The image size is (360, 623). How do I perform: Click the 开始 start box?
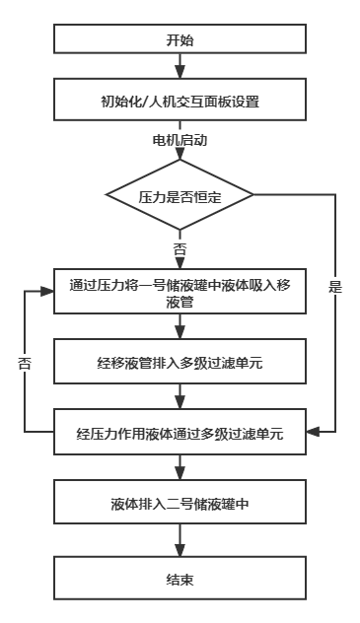(180, 38)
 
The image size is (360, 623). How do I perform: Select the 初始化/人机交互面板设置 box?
(180, 100)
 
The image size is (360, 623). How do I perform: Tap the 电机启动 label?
(180, 140)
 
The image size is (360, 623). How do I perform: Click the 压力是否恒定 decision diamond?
(180, 195)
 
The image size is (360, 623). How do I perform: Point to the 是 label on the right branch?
(335, 287)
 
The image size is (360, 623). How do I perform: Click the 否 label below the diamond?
(180, 250)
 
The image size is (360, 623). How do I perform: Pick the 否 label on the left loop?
(25, 363)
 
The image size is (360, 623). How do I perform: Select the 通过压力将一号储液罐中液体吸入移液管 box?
(180, 291)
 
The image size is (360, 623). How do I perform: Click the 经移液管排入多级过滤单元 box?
(180, 361)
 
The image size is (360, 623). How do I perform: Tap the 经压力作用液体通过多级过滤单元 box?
(180, 432)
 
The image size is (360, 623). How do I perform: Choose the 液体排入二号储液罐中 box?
(180, 502)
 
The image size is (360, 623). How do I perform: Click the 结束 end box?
(180, 578)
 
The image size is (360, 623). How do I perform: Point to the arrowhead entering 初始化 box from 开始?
(180, 73)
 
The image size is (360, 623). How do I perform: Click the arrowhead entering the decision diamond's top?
(180, 154)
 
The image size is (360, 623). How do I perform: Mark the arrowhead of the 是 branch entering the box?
(313, 432)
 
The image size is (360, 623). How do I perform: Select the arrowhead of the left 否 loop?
(47, 291)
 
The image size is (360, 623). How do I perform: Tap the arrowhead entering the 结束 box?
(180, 551)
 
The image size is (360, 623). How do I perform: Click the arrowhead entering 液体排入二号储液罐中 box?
(180, 474)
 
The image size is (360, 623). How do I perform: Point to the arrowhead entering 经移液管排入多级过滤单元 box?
(180, 333)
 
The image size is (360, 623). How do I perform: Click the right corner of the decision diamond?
(253, 195)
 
